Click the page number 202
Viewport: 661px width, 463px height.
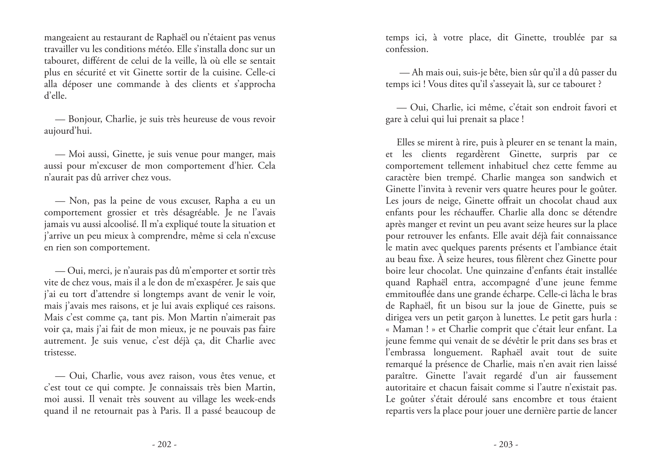[x=164, y=444]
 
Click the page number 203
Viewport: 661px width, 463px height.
[x=506, y=444]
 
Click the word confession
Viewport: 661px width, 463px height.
[x=406, y=49]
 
